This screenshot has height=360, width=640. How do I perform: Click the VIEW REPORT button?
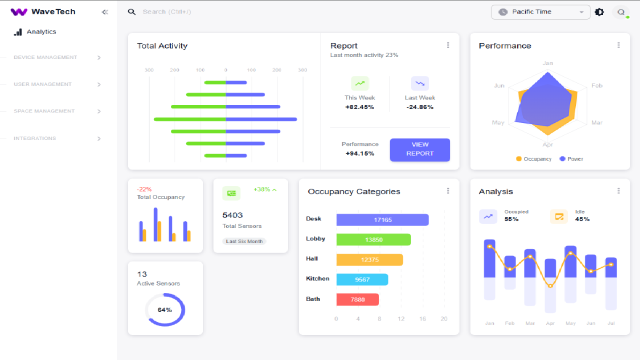click(x=419, y=149)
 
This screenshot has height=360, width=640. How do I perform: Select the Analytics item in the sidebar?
click(x=41, y=32)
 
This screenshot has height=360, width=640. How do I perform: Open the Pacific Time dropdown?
click(x=540, y=12)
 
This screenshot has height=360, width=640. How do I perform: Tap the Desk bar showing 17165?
click(x=382, y=220)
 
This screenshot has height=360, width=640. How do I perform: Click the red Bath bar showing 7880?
click(x=357, y=299)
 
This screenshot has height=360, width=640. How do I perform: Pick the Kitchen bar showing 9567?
click(x=362, y=279)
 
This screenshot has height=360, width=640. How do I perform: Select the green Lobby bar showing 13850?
click(x=373, y=240)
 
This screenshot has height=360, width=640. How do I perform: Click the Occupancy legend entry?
click(x=533, y=159)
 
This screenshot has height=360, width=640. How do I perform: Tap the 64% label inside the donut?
click(x=164, y=310)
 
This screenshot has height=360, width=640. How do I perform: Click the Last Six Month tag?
click(x=244, y=241)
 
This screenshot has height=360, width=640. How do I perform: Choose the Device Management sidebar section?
click(x=45, y=57)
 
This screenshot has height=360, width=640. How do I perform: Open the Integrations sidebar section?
click(x=35, y=138)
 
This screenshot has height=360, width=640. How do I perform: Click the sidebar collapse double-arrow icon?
click(x=105, y=12)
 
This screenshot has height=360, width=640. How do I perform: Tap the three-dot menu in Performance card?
click(x=618, y=45)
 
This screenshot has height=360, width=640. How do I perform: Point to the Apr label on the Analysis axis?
click(x=550, y=323)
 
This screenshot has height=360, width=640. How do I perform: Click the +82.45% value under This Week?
click(x=359, y=107)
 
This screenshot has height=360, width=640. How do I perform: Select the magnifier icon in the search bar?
click(x=131, y=12)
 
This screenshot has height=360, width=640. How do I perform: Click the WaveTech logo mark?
click(x=19, y=12)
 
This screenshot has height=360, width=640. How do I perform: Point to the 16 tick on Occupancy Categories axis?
click(x=422, y=319)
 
